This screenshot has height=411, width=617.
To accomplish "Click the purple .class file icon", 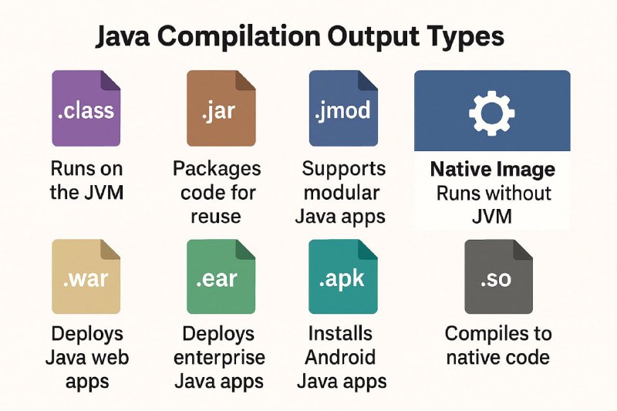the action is click(x=86, y=109).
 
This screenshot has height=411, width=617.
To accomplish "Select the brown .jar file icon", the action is click(x=221, y=109).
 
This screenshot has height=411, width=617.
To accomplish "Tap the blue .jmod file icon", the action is click(x=343, y=109).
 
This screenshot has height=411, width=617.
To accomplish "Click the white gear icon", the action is click(x=492, y=113).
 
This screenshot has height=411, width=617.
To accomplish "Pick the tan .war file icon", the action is click(x=86, y=277).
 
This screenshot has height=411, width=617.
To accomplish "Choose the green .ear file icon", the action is click(x=221, y=277).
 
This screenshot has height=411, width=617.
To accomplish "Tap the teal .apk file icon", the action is click(x=343, y=277).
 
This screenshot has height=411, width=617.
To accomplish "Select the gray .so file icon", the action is click(x=498, y=277).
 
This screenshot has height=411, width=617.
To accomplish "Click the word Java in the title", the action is click(x=123, y=36).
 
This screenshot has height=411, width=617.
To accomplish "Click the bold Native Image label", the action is click(x=493, y=170).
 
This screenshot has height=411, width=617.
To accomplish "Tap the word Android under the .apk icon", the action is click(x=340, y=357).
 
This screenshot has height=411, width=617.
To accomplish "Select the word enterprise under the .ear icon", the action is click(x=219, y=358).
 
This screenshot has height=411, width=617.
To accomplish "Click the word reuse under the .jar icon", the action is click(x=216, y=217).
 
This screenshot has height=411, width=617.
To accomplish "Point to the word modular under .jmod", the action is click(x=342, y=193).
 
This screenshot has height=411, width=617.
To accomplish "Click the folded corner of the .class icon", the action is click(x=110, y=80).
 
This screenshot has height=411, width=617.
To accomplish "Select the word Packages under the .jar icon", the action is click(x=217, y=170).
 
